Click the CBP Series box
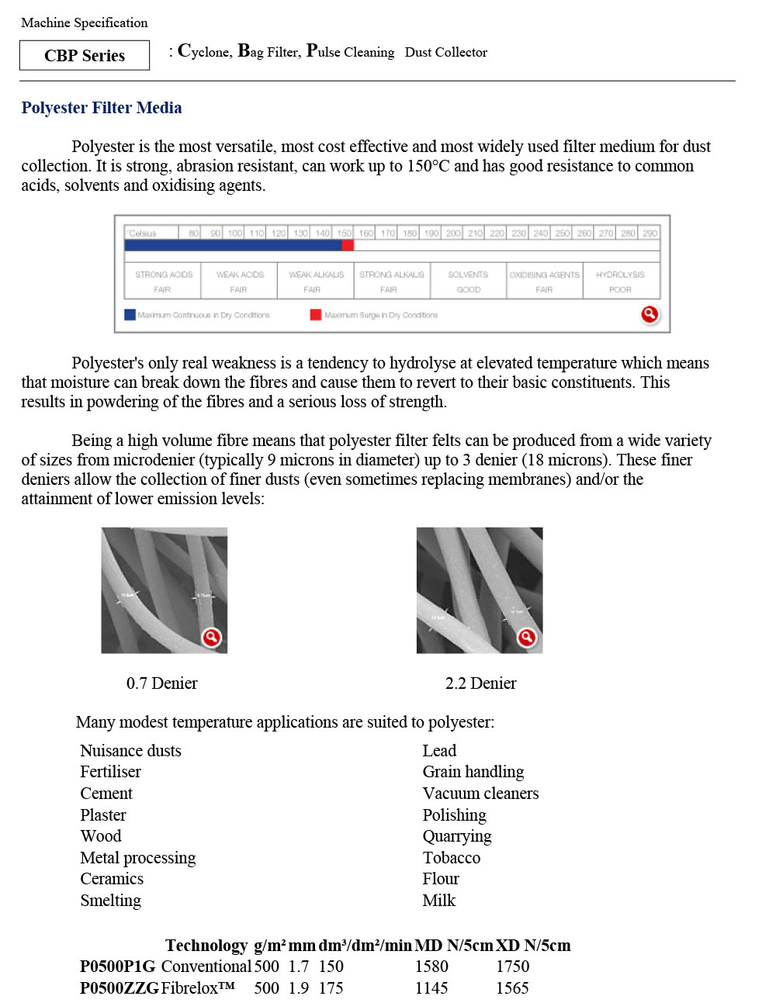pyautogui.click(x=85, y=55)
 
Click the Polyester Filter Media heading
pyautogui.click(x=102, y=108)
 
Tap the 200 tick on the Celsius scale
pyautogui.click(x=453, y=233)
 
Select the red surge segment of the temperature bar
pyautogui.click(x=348, y=245)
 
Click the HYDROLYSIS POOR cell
pyautogui.click(x=621, y=282)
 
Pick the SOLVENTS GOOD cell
pyautogui.click(x=468, y=282)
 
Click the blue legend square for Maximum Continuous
pyautogui.click(x=130, y=315)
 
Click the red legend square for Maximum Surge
pyautogui.click(x=316, y=315)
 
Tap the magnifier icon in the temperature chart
pyautogui.click(x=650, y=314)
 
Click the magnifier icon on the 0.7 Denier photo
pyautogui.click(x=211, y=638)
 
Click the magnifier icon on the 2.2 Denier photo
pyautogui.click(x=527, y=638)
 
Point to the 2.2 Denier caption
pyautogui.click(x=480, y=683)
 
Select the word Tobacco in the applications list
pyautogui.click(x=452, y=858)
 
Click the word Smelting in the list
pyautogui.click(x=111, y=901)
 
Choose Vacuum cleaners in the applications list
pyautogui.click(x=480, y=794)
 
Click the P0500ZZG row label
pyautogui.click(x=120, y=988)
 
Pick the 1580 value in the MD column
pyautogui.click(x=431, y=967)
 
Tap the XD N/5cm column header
pyautogui.click(x=533, y=946)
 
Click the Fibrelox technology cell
pyautogui.click(x=198, y=988)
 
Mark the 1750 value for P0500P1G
pyautogui.click(x=513, y=967)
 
